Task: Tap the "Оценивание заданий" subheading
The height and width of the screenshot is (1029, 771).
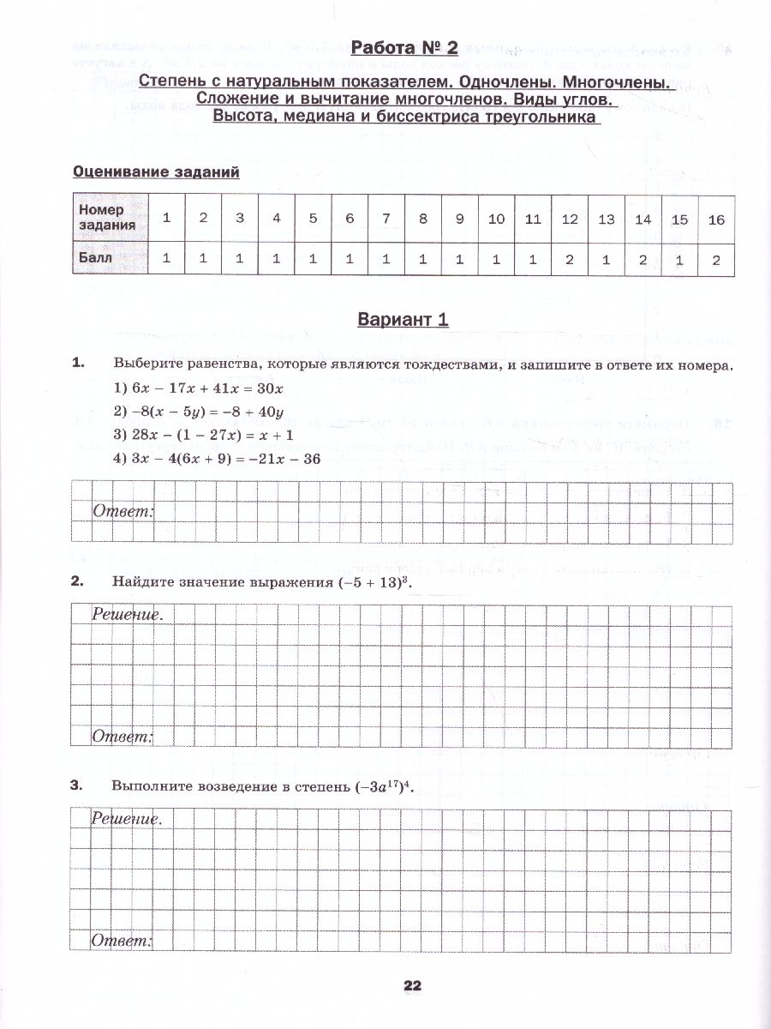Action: [x=156, y=171]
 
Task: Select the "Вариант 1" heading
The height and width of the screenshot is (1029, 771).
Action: [x=403, y=320]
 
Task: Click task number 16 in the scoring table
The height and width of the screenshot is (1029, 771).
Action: [x=716, y=219]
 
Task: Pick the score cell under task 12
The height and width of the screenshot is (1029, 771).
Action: [x=570, y=258]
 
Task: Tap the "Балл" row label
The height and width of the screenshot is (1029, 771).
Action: [x=95, y=257]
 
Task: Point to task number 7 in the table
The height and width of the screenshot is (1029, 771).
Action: [x=386, y=219]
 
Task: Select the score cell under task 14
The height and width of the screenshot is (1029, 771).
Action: [x=643, y=258]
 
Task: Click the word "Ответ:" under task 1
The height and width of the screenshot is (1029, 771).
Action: [x=123, y=512]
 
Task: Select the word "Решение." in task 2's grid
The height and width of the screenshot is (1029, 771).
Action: [x=127, y=614]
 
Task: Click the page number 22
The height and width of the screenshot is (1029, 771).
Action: [x=412, y=986]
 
